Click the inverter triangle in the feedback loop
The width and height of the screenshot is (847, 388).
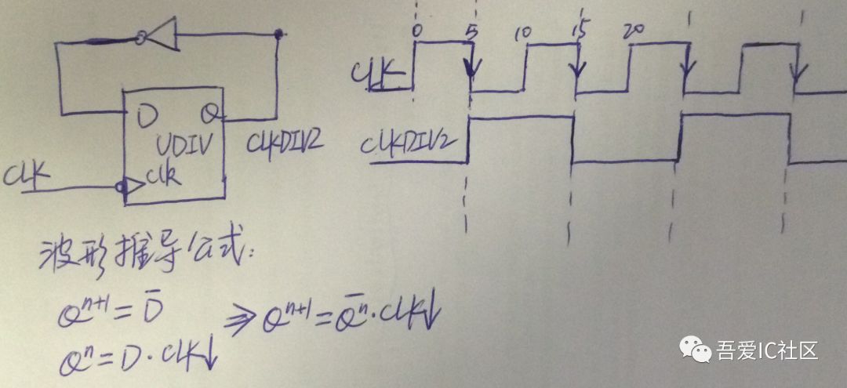tap(161, 34)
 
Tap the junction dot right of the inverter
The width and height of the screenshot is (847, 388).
tap(279, 34)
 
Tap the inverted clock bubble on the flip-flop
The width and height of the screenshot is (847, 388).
tap(119, 187)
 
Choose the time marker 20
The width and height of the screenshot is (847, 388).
tap(632, 32)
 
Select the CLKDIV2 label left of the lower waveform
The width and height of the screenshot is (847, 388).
tap(410, 143)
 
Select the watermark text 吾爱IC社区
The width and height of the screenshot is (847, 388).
tap(767, 350)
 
